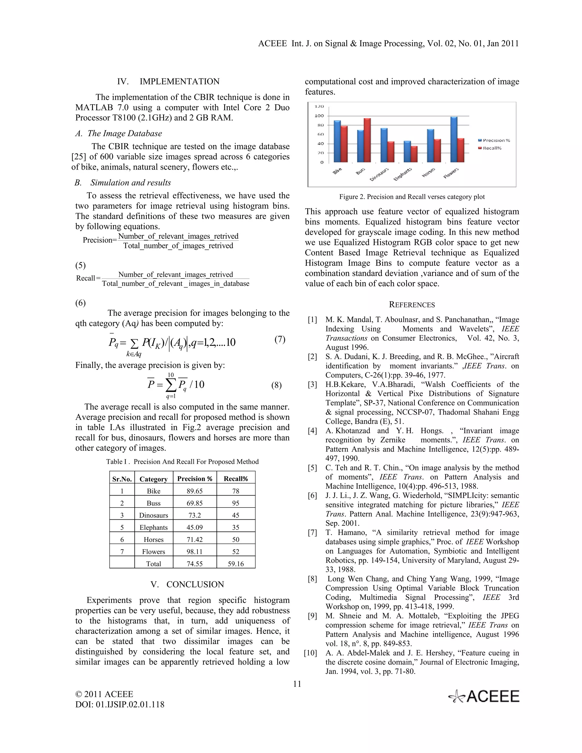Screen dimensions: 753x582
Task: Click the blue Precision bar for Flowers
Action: coord(454,140)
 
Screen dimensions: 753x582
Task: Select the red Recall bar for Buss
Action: coord(367,140)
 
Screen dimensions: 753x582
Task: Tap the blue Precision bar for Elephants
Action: coord(407,152)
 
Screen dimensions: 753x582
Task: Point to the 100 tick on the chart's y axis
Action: coord(319,116)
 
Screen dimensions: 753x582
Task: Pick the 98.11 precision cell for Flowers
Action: coord(194,552)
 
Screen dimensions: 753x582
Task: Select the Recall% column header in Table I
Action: coord(236,479)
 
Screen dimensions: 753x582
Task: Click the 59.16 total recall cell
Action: coord(236,564)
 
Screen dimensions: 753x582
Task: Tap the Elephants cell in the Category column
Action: coord(153,527)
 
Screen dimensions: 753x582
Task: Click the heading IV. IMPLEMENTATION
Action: coord(168,82)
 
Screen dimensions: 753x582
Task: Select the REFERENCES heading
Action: coord(412,305)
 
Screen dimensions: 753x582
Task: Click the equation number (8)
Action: coord(276,385)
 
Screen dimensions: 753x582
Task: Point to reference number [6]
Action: coord(312,496)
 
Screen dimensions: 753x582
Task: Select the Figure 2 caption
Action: coord(412,197)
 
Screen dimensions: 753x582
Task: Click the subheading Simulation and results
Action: coord(130,183)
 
